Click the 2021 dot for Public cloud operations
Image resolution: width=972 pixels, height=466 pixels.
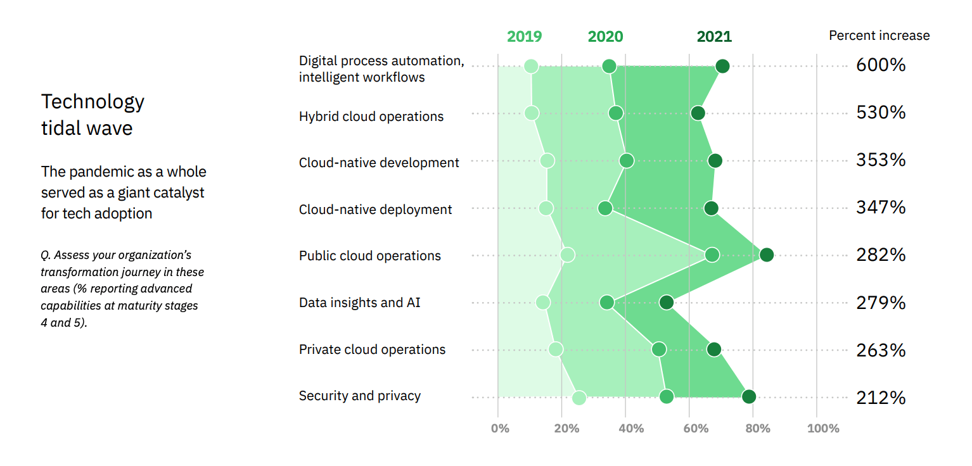point(767,255)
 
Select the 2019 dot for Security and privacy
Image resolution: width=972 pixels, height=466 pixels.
point(579,398)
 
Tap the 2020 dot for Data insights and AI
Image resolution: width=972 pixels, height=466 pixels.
point(607,303)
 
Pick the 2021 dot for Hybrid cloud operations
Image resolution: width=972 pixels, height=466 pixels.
point(698,113)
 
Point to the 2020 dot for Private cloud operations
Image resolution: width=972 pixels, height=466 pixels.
point(659,349)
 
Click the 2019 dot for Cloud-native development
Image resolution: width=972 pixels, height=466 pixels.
point(547,161)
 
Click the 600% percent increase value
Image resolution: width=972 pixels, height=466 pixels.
point(881,65)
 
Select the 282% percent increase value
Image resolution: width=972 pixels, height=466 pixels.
point(881,255)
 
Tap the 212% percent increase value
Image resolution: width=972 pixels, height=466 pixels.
point(881,398)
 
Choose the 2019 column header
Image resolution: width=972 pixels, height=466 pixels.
point(525,36)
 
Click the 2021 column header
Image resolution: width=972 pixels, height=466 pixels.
point(714,36)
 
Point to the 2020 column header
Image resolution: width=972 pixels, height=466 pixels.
point(605,36)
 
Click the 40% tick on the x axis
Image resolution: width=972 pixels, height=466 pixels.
point(631,429)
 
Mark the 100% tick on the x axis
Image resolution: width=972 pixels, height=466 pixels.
point(823,429)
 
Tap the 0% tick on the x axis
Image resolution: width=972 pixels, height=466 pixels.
point(500,429)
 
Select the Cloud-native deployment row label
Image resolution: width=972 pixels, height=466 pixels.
point(376,210)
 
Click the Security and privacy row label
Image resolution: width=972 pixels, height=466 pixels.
point(360,396)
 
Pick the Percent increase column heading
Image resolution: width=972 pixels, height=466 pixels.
point(879,36)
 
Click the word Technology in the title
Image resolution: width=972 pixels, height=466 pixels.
point(93,102)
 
